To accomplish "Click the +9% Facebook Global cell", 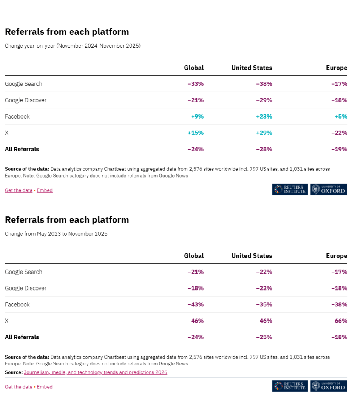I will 197,116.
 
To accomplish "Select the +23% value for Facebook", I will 264,116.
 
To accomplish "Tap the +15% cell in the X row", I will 196,133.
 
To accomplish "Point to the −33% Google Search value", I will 196,84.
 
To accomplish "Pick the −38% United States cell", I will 264,84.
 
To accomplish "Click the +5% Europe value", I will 341,116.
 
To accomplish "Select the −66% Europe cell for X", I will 339,321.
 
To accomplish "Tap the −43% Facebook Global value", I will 196,304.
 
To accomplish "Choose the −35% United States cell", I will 264,304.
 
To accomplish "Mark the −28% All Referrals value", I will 264,149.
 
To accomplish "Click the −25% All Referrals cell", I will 264,337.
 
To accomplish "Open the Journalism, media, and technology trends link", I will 95,372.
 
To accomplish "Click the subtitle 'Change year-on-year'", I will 73,46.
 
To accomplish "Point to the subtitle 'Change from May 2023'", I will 56,234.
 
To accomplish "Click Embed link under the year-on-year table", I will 45,190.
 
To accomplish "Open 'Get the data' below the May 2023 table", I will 19,387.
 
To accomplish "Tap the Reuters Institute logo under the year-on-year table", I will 290,190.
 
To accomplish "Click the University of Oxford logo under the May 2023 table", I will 328,386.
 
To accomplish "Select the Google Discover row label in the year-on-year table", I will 26,100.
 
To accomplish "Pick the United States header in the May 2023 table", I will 252,256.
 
